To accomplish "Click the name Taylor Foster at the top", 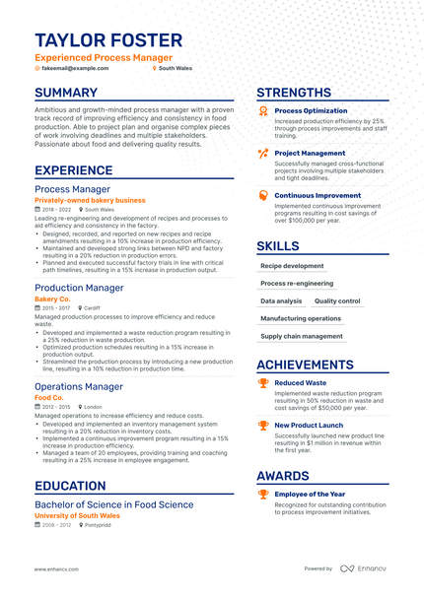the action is point(108,40).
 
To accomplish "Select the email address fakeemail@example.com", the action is point(72,69).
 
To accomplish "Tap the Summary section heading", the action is point(66,93).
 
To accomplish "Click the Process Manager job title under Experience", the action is point(72,188).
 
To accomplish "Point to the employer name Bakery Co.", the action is point(52,298).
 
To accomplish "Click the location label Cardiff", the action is point(92,307).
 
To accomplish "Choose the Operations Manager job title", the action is point(79,386).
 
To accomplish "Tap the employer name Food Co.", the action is point(48,397).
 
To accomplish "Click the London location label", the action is point(93,406).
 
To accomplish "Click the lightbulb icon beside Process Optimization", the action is point(262,111).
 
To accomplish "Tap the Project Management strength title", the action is point(310,154).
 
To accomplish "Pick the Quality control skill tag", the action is point(337,300).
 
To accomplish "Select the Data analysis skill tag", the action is point(281,300).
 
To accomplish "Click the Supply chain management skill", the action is point(302,336).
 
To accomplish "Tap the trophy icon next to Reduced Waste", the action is point(262,382).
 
